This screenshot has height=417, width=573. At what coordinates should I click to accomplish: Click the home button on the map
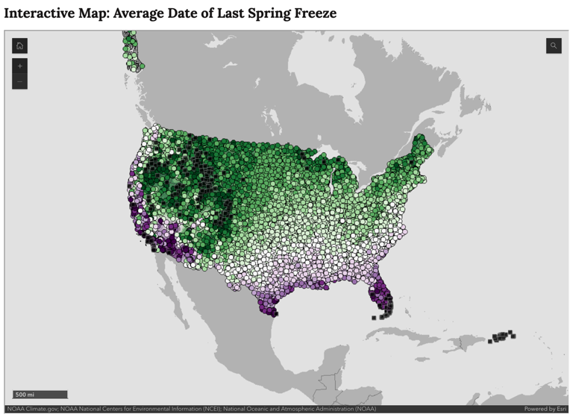20,46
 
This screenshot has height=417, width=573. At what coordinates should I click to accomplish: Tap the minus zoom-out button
20,82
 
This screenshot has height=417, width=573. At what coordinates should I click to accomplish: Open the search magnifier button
553,46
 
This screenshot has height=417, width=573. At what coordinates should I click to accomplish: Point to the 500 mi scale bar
40,395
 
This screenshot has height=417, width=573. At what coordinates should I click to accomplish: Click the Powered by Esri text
545,409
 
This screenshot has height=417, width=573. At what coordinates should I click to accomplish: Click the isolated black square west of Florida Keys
374,318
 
